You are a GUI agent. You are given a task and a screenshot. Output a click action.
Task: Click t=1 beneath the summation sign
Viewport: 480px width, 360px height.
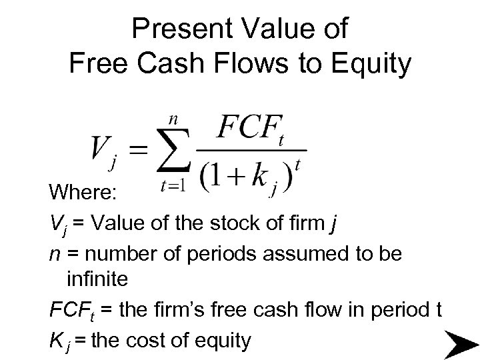click(173, 189)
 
